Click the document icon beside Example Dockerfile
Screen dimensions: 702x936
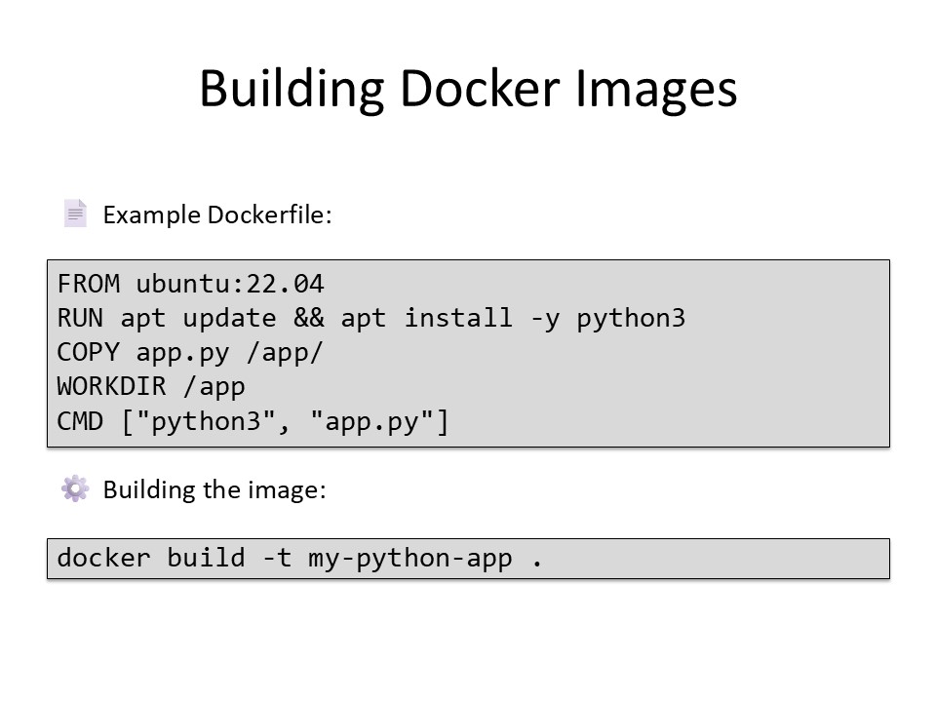[x=75, y=214]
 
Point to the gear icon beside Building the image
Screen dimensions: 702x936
[x=75, y=488]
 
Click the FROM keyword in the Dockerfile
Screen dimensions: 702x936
[x=89, y=285]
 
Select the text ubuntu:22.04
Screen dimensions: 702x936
[x=230, y=285]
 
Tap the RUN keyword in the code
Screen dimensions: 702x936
[x=81, y=319]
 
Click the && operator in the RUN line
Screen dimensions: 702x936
[x=309, y=319]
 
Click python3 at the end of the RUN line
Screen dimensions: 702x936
[x=631, y=319]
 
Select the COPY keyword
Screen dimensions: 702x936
[x=89, y=353]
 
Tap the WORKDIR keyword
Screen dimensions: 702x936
[x=112, y=387]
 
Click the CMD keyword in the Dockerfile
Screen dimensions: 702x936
[x=81, y=422]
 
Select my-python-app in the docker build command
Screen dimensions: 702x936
[x=410, y=559]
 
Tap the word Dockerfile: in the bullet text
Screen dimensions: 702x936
[x=270, y=214]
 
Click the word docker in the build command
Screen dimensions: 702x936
[x=104, y=559]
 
